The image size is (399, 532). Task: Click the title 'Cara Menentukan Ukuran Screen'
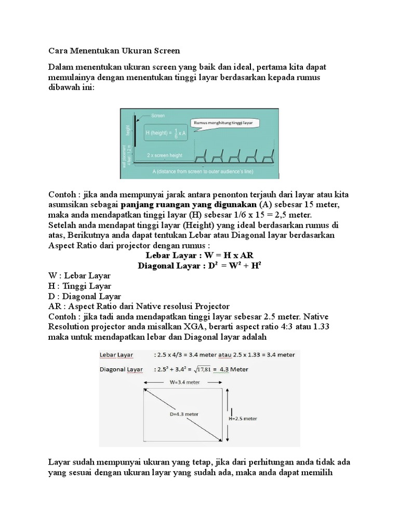pyautogui.click(x=114, y=51)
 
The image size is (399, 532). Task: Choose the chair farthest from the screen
pyautogui.click(x=269, y=156)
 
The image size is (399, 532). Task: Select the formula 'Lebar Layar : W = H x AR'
pyautogui.click(x=199, y=255)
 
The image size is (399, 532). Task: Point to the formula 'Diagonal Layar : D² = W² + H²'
pyautogui.click(x=199, y=265)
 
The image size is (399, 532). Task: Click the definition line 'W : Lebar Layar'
pyautogui.click(x=79, y=276)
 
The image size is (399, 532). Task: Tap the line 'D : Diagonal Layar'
pyautogui.click(x=84, y=296)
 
